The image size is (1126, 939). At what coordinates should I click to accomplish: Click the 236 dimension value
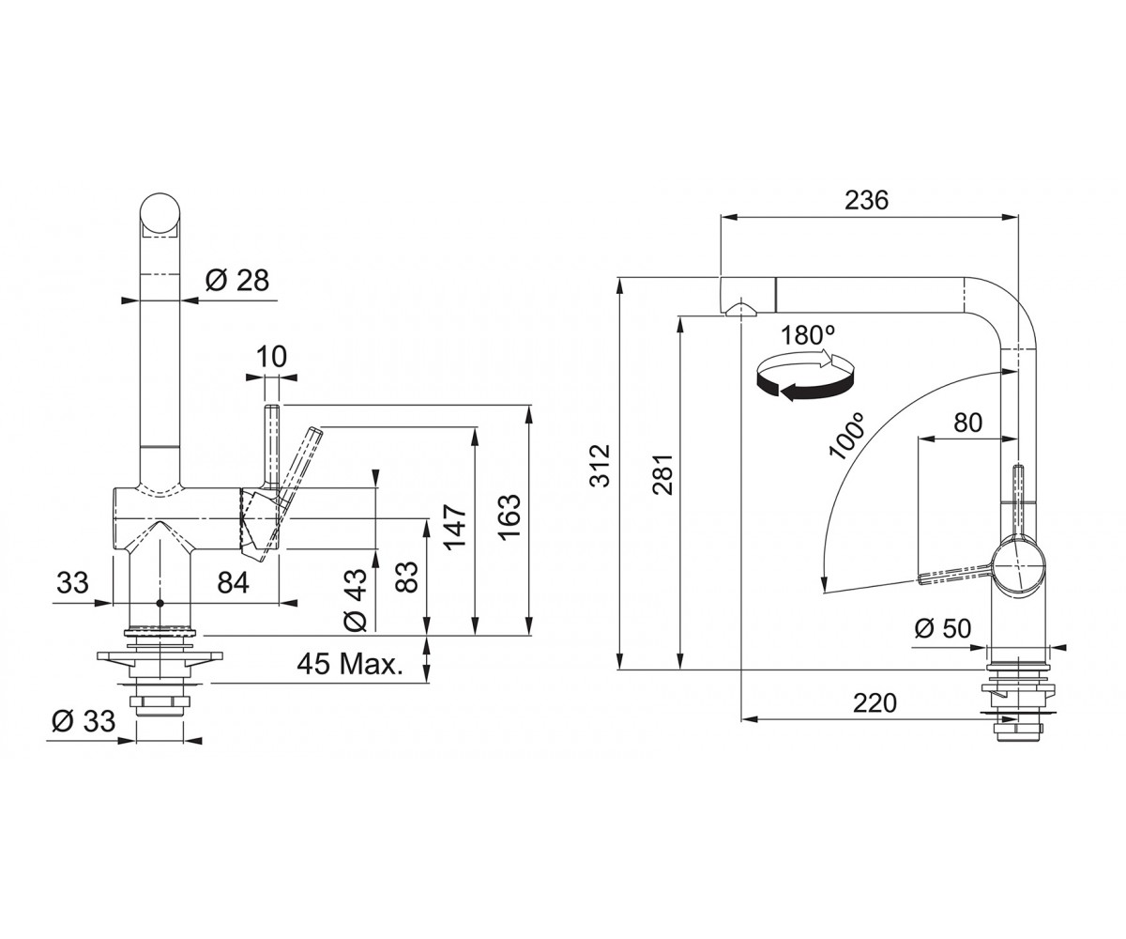[866, 200]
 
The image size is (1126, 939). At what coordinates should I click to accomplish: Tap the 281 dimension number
[662, 474]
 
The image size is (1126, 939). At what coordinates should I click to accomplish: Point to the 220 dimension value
[875, 702]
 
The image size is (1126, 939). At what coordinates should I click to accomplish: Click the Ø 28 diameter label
[236, 281]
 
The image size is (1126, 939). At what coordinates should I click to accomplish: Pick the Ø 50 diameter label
[943, 627]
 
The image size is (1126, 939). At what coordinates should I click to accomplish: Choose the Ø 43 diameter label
[356, 600]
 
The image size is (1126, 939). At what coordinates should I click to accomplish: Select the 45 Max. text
[350, 664]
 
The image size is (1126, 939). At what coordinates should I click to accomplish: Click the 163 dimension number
[510, 516]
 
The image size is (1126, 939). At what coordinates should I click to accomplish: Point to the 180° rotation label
[807, 335]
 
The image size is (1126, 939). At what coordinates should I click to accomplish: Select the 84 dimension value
[233, 583]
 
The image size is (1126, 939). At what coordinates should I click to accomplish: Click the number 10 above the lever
[271, 357]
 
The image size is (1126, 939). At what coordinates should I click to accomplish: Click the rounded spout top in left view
[159, 214]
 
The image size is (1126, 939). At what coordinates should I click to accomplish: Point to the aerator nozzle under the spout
[741, 310]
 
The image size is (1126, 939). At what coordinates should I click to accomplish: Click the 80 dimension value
[968, 423]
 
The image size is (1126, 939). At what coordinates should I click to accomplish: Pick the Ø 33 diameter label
[84, 721]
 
